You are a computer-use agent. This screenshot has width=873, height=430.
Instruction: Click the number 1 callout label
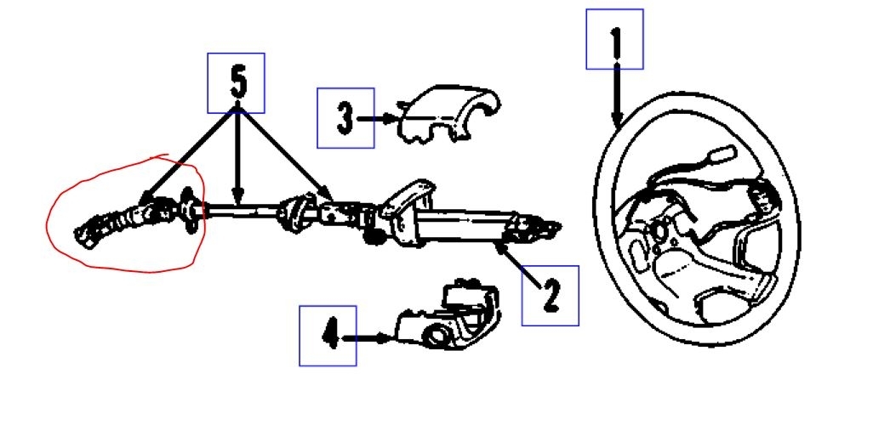[614, 39]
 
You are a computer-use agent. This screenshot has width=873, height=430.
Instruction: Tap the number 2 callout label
[550, 295]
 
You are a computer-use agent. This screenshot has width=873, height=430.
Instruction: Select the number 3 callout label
[345, 118]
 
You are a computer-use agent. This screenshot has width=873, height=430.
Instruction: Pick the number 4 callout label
[328, 337]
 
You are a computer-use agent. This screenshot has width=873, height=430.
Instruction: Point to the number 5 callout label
[237, 82]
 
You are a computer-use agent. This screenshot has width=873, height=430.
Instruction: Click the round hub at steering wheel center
[659, 229]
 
